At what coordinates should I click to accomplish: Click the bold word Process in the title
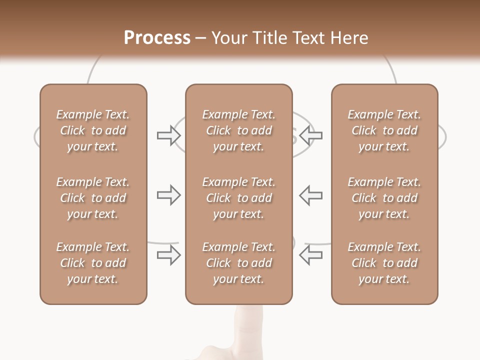tap(157, 38)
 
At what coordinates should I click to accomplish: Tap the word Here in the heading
tap(348, 38)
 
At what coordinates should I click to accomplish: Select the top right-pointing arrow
tap(168, 135)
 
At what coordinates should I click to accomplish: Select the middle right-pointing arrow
tap(168, 195)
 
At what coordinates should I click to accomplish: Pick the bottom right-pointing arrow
tap(168, 254)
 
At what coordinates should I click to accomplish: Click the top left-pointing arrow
tap(311, 135)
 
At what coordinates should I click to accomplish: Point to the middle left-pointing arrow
tap(311, 195)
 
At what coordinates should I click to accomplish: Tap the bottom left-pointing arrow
tap(311, 254)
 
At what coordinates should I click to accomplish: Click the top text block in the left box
tap(93, 130)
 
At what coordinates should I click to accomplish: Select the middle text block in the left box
tap(93, 198)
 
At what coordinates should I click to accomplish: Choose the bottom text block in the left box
tap(93, 263)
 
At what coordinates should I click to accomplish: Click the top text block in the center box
tap(238, 130)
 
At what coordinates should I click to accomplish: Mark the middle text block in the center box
tap(238, 198)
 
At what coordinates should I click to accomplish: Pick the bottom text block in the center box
tap(238, 263)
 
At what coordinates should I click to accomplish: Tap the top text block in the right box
tap(384, 130)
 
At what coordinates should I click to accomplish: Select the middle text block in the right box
tap(384, 198)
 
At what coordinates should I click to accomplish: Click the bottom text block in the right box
tap(384, 263)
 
